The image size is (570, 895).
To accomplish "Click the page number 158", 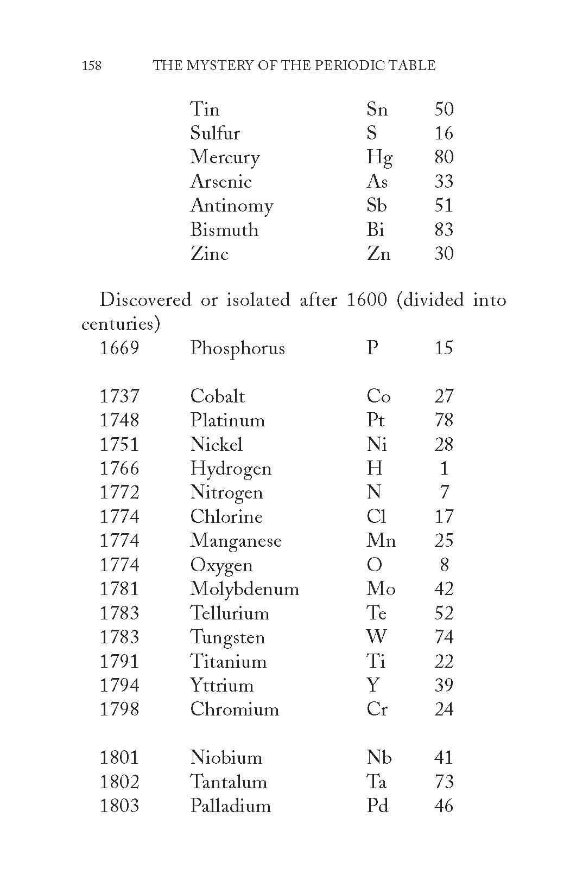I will click(x=91, y=66).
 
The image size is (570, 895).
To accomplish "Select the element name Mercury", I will click(x=225, y=157).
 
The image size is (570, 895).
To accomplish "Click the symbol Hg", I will click(x=379, y=157).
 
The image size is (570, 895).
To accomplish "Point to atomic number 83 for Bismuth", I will click(x=444, y=229).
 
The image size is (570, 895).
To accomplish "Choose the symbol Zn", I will click(x=378, y=254).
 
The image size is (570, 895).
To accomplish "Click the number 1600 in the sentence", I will click(x=366, y=300).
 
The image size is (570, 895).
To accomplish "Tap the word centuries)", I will click(x=121, y=324).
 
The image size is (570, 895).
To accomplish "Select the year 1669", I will click(x=119, y=348).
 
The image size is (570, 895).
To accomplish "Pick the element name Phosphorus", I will click(x=237, y=348).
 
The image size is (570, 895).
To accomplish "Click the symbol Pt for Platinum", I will click(x=375, y=420).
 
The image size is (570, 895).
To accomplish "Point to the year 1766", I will click(x=119, y=468).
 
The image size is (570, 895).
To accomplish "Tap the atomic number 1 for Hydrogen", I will click(x=445, y=468).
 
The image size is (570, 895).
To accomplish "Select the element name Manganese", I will click(x=236, y=541).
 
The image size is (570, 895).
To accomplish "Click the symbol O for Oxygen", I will click(x=374, y=565).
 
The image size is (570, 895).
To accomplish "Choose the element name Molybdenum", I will click(x=244, y=589).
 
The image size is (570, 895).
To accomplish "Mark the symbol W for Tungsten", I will click(x=376, y=637).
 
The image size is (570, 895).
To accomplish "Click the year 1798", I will click(x=119, y=709).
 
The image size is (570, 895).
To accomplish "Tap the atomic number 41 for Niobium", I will click(x=444, y=757).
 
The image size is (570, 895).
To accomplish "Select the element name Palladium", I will click(x=230, y=806).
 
